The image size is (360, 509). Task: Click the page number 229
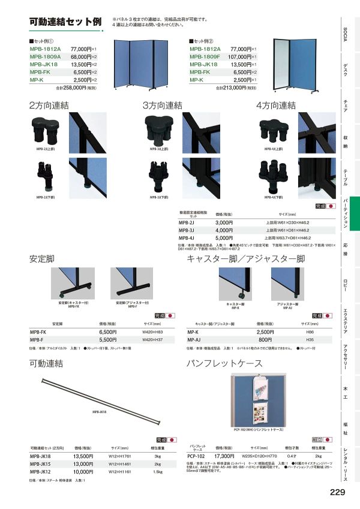pyautogui.click(x=337, y=493)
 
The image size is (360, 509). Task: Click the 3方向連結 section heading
pyautogui.click(x=162, y=105)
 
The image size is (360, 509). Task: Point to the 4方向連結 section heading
pyautogui.click(x=276, y=105)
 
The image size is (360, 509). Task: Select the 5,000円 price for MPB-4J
pyautogui.click(x=224, y=237)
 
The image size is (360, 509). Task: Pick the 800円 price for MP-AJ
pyautogui.click(x=265, y=339)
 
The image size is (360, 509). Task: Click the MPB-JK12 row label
pyautogui.click(x=43, y=471)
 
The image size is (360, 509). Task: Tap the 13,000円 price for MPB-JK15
pyautogui.click(x=83, y=463)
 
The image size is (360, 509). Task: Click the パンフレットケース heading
pyautogui.click(x=225, y=363)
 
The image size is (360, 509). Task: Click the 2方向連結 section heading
pyautogui.click(x=50, y=105)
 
